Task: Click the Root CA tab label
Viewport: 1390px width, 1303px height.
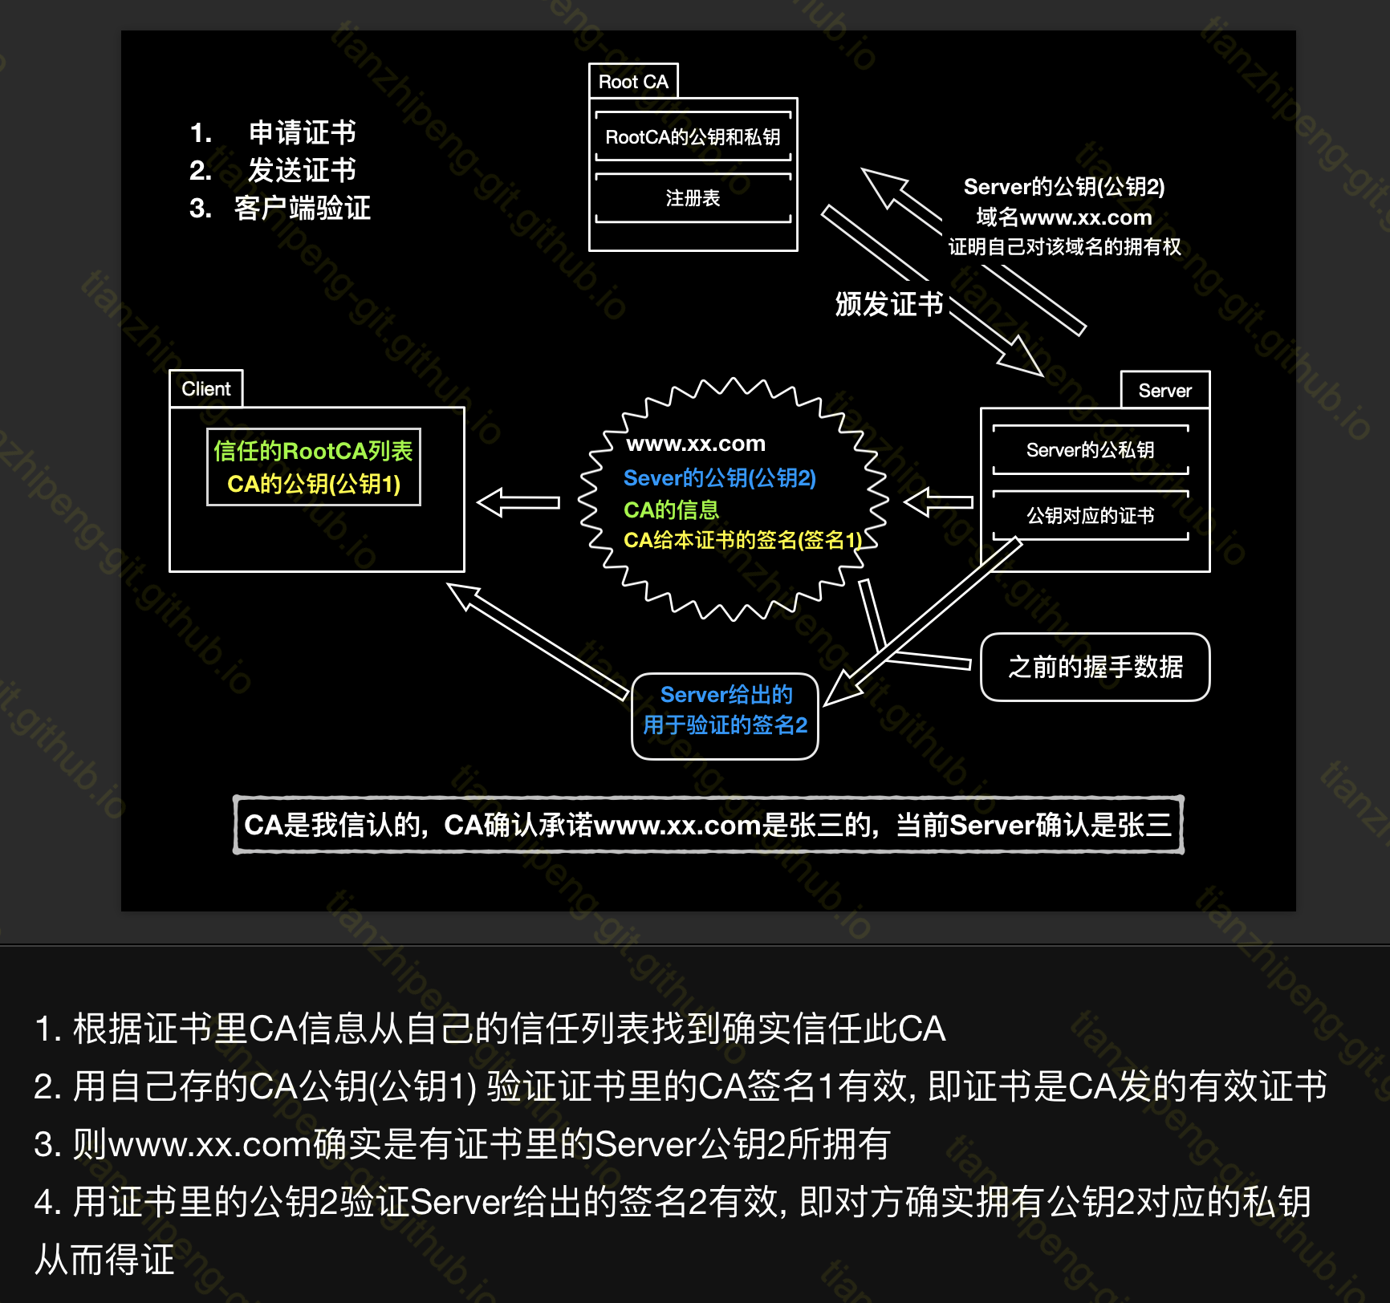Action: [x=633, y=82]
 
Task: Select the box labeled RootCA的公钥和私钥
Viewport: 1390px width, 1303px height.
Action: [x=693, y=137]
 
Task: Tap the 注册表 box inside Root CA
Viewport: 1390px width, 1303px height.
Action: [x=693, y=198]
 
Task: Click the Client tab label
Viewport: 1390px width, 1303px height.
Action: [x=205, y=389]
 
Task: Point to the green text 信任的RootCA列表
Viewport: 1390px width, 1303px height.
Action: [x=313, y=451]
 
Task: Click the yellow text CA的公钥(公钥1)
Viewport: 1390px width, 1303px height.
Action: [x=313, y=484]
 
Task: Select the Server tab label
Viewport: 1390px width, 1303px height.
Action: [x=1164, y=391]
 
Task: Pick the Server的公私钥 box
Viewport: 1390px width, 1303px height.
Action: [x=1090, y=450]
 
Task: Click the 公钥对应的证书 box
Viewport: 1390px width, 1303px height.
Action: [x=1090, y=515]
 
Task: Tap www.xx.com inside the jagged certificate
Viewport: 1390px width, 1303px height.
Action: [x=696, y=444]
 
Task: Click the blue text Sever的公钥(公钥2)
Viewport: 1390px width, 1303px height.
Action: [x=719, y=478]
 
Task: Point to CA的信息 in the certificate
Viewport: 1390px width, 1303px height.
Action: [x=671, y=509]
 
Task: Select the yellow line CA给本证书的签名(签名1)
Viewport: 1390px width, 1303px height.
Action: [x=742, y=540]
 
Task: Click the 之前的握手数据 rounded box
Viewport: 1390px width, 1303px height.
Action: [x=1095, y=667]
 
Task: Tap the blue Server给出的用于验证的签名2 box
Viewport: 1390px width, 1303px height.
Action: [x=725, y=710]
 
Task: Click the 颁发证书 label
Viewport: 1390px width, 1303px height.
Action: [x=888, y=304]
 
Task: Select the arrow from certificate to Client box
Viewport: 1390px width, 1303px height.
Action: [x=518, y=503]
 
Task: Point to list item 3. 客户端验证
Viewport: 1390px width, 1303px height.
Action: [x=280, y=209]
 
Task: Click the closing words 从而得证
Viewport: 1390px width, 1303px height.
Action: [x=104, y=1260]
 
